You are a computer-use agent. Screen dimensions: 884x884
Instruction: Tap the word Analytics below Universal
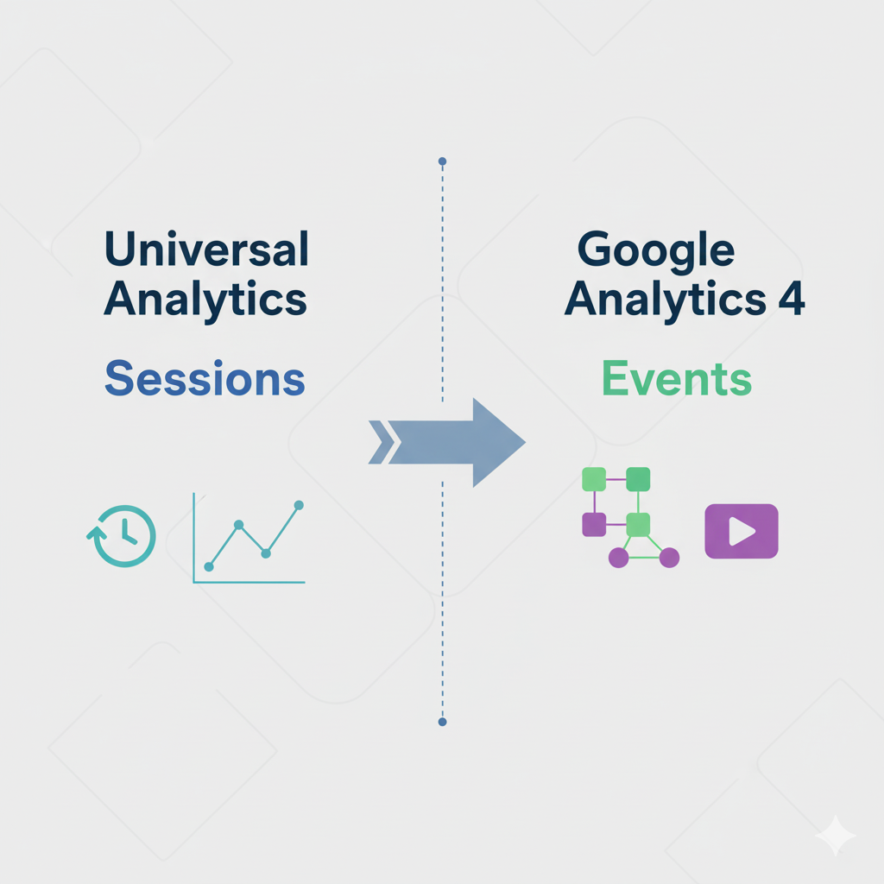pyautogui.click(x=205, y=300)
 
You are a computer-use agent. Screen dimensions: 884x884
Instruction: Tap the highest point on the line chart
pyautogui.click(x=299, y=505)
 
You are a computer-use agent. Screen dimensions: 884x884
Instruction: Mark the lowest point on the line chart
pyautogui.click(x=208, y=567)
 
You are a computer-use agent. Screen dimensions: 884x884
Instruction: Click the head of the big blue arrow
pyautogui.click(x=496, y=442)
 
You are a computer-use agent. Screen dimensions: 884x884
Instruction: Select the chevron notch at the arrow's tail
pyautogui.click(x=380, y=442)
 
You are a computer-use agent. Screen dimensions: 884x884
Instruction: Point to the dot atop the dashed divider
pyautogui.click(x=442, y=161)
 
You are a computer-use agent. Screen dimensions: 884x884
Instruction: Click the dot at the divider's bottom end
pyautogui.click(x=442, y=722)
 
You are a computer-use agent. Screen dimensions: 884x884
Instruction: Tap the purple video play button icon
pyautogui.click(x=742, y=531)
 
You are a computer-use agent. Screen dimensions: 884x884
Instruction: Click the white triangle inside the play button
pyautogui.click(x=741, y=531)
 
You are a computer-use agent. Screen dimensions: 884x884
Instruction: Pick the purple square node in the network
pyautogui.click(x=594, y=524)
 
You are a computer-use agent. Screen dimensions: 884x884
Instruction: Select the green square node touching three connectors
pyautogui.click(x=637, y=524)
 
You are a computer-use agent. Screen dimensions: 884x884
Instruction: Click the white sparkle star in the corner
pyautogui.click(x=836, y=836)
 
